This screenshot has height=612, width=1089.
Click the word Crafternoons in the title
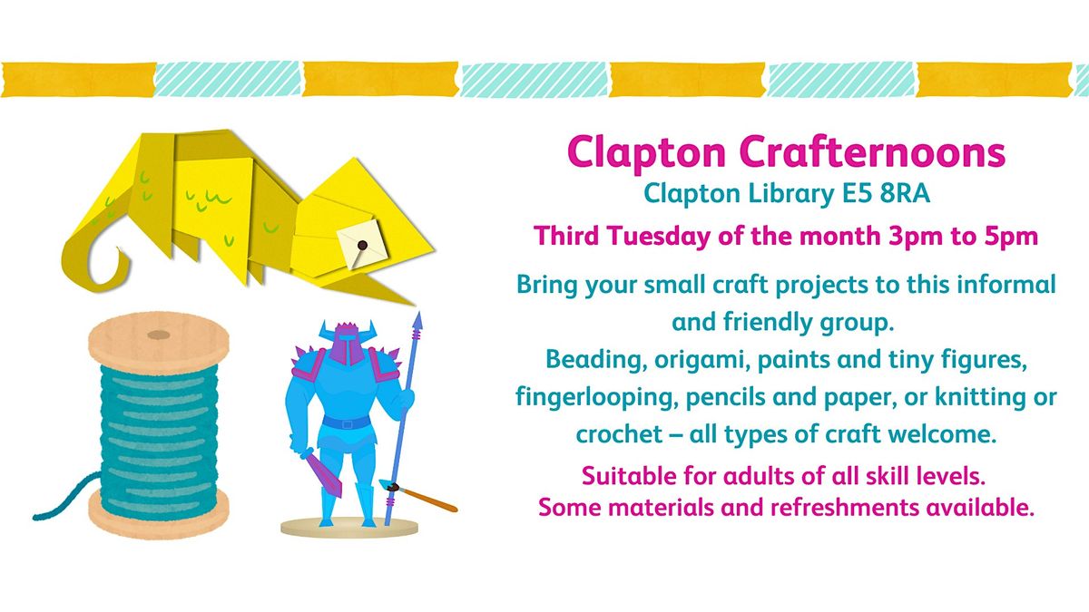coord(873,152)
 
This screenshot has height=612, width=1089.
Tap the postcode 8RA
coord(906,193)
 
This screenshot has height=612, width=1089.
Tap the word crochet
coord(619,434)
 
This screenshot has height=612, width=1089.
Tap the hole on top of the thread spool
coord(159,335)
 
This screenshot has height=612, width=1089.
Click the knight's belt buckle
coord(348,424)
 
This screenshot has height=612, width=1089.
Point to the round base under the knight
coord(349,528)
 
